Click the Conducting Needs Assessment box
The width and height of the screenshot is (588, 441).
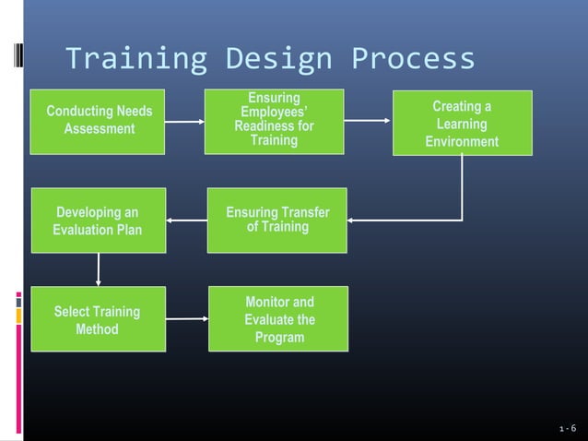click(x=98, y=121)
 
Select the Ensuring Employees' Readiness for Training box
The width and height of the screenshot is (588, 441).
click(x=274, y=121)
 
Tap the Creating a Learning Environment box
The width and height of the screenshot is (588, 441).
click(x=462, y=123)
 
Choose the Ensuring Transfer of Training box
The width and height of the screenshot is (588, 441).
click(x=276, y=220)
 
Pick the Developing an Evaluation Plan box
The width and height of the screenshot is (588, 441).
click(x=98, y=220)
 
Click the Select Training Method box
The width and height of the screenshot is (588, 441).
click(x=98, y=318)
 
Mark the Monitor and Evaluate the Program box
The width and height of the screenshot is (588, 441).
click(x=278, y=318)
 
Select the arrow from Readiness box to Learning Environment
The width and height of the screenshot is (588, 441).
click(x=368, y=121)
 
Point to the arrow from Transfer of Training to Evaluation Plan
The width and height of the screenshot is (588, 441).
click(x=187, y=220)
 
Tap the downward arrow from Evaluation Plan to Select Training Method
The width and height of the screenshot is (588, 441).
click(x=98, y=269)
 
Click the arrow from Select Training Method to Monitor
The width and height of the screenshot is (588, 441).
click(x=187, y=319)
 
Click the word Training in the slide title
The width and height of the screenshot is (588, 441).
click(x=135, y=59)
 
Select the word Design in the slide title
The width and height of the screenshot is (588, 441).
click(x=277, y=59)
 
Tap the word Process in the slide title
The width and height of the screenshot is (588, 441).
click(x=413, y=59)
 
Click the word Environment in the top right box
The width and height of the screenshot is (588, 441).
click(x=462, y=141)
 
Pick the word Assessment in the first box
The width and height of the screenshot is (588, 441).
click(x=100, y=129)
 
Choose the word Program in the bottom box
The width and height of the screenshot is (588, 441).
click(x=279, y=338)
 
